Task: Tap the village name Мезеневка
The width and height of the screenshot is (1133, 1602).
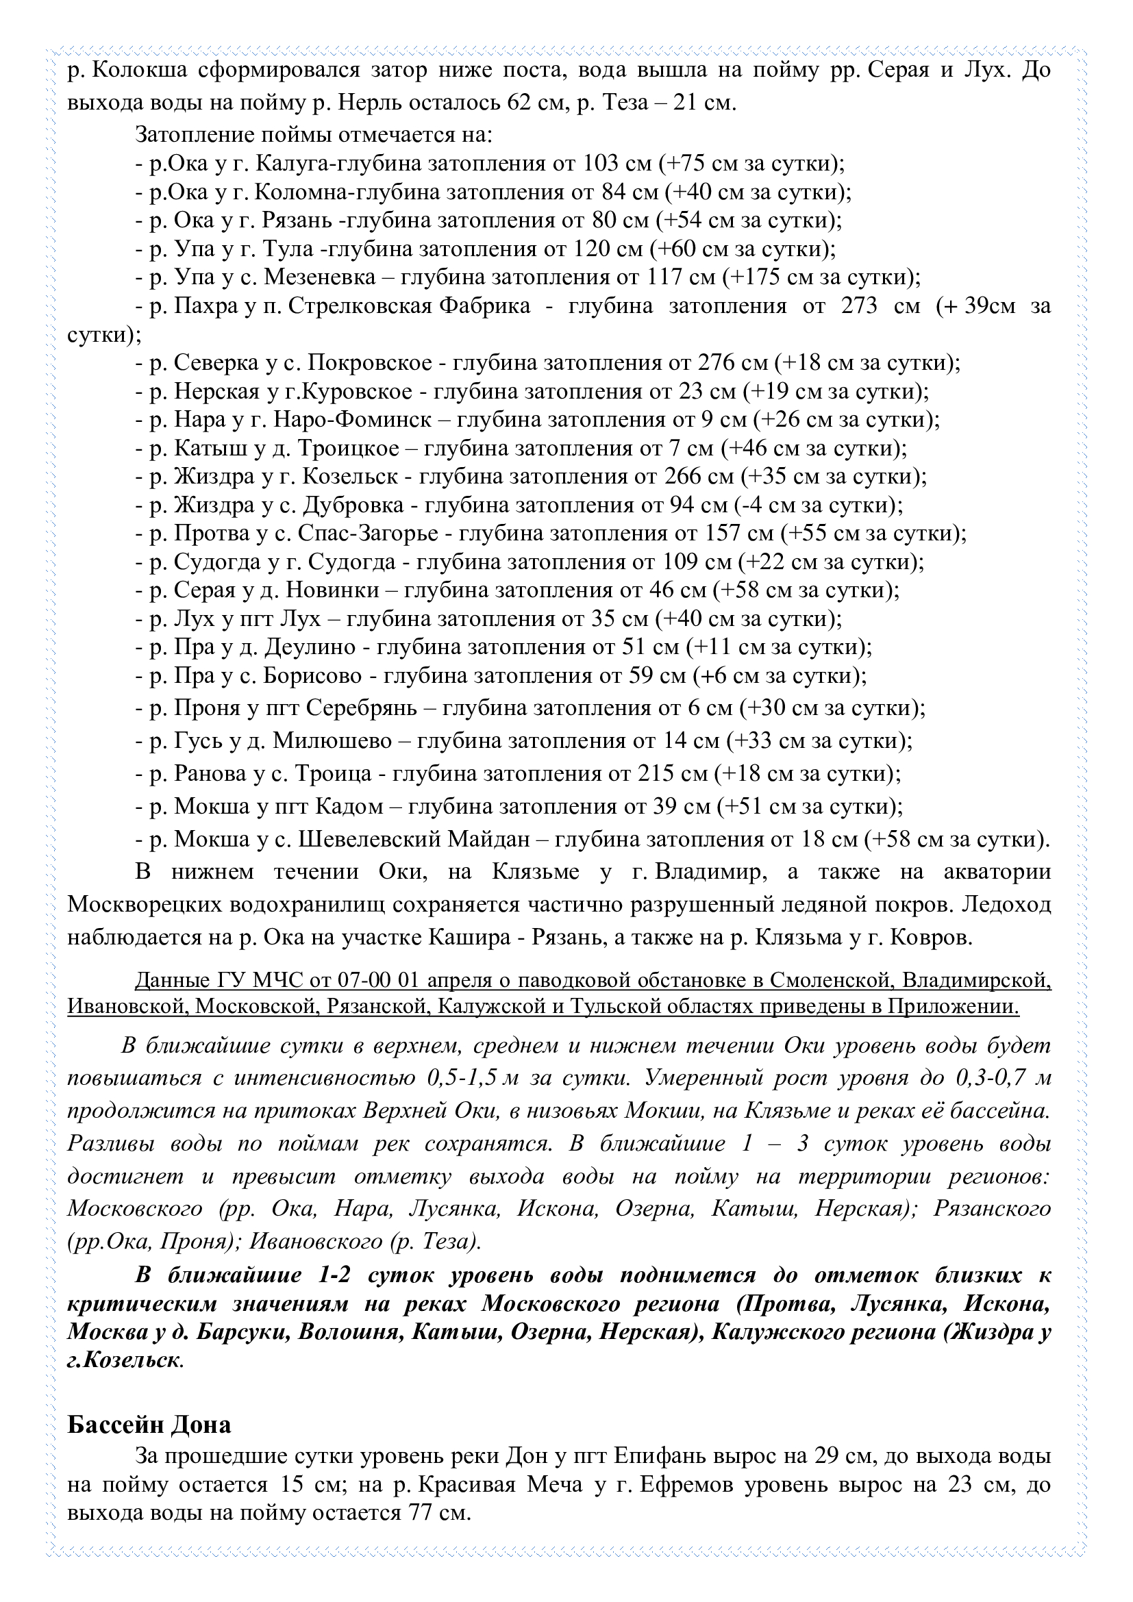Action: pos(325,277)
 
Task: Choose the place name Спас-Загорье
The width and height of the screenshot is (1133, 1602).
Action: pos(369,534)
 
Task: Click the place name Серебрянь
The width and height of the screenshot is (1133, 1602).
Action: pos(362,708)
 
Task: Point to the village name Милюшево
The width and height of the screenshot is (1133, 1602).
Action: pos(332,741)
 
